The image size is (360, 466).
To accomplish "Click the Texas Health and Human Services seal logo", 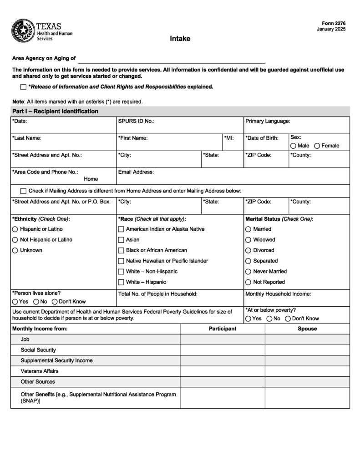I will (x=23, y=30).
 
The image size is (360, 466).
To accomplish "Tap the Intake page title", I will (x=180, y=39).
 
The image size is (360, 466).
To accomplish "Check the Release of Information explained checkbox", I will (x=24, y=87).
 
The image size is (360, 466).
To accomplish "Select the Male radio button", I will (x=293, y=146).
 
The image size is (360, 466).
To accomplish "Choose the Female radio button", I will (x=317, y=146).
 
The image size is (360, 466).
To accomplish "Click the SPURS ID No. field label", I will (x=136, y=121).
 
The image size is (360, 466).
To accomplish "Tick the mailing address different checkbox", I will (x=24, y=191).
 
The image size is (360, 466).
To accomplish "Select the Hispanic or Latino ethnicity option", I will (x=15, y=229).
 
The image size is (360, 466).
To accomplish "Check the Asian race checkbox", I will (x=121, y=240).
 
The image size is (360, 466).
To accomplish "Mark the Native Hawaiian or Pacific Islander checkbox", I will (x=121, y=261).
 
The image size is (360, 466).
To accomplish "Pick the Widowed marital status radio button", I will (x=248, y=240).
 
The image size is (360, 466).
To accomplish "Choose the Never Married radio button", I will (x=248, y=272).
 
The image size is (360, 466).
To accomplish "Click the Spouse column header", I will (x=307, y=329).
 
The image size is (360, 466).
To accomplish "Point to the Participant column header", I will (x=223, y=329).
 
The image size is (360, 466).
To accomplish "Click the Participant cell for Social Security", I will (x=223, y=350).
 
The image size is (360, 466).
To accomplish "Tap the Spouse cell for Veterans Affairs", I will (x=307, y=371).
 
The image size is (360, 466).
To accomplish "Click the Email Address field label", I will (x=136, y=172).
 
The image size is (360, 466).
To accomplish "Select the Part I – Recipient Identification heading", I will (x=55, y=111).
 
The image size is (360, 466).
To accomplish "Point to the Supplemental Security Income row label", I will (x=56, y=360).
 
